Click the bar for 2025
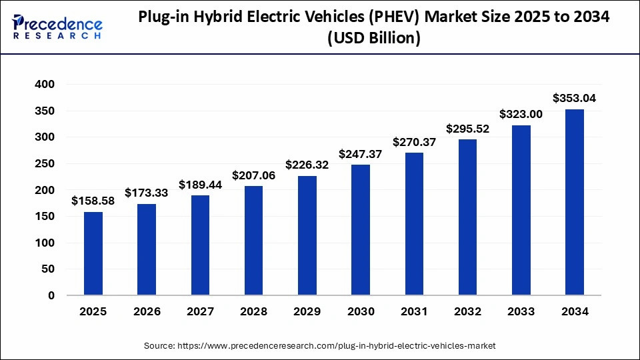point(93,253)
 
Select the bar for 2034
point(575,202)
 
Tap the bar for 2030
point(361,230)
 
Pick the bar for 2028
point(253,241)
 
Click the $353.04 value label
point(575,98)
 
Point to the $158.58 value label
point(93,201)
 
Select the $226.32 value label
point(307,165)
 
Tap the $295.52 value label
point(467,129)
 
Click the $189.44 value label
point(200,185)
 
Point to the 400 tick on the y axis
point(45,85)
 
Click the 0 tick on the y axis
point(51,295)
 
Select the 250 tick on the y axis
point(45,164)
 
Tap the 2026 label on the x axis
point(147,311)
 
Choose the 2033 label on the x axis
point(521,311)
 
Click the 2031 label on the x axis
point(414,311)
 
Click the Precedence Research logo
point(57,27)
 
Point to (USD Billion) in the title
point(373,39)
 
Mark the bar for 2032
point(467,217)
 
